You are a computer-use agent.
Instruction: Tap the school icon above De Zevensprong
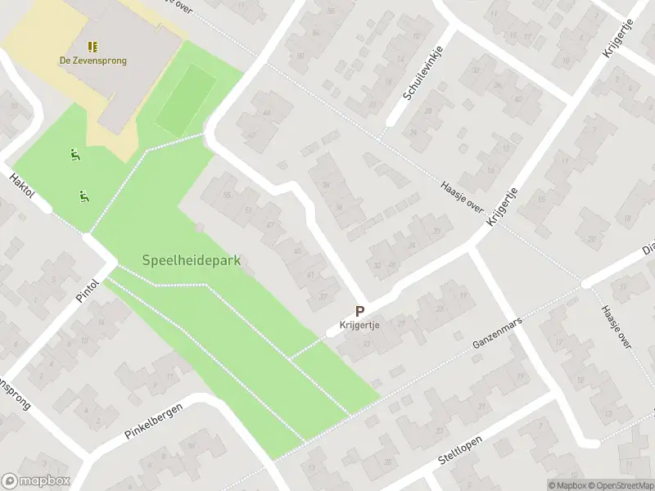[x=93, y=46]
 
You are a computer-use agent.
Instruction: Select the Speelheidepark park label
[x=191, y=260]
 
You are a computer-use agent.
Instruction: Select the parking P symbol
[x=359, y=311]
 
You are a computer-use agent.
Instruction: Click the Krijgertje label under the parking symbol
[x=359, y=325]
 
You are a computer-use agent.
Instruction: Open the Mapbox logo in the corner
[x=36, y=481]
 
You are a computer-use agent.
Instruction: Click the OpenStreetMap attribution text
[x=620, y=485]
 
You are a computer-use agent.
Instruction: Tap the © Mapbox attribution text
[x=567, y=485]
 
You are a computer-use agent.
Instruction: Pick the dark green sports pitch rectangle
[x=187, y=101]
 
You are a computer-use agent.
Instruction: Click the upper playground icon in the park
[x=75, y=154]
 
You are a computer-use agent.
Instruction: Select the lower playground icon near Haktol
[x=84, y=196]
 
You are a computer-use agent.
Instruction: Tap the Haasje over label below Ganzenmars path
[x=614, y=327]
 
